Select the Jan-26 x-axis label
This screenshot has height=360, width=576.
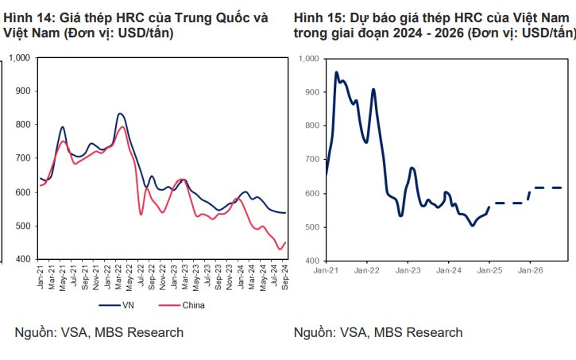point(530,271)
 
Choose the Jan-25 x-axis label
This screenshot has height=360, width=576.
point(489,271)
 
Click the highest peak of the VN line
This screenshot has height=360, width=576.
point(119,114)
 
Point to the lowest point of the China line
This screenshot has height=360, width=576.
point(280,250)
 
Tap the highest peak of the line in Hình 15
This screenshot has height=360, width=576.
point(336,72)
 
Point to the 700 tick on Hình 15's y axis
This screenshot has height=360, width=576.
point(310,160)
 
